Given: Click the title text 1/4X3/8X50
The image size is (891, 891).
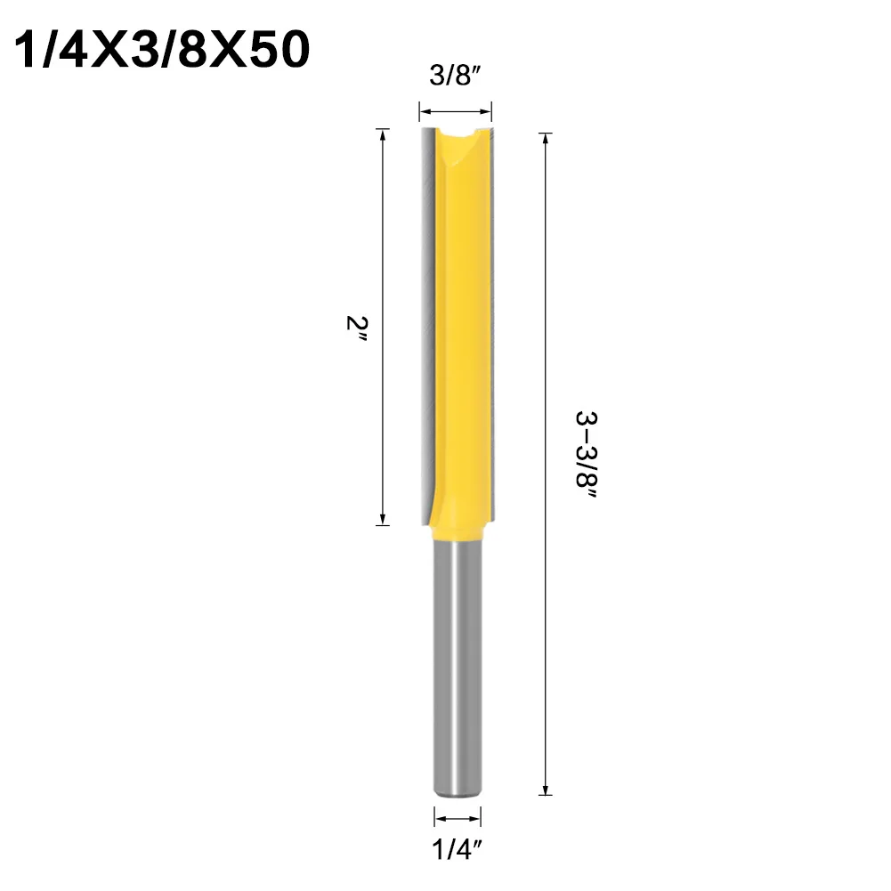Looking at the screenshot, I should click(x=163, y=52).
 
